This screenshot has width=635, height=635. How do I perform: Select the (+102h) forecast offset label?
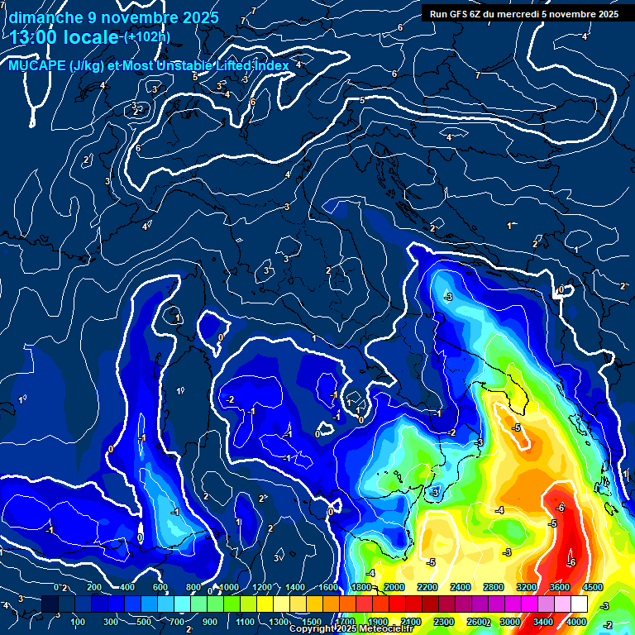click(147, 37)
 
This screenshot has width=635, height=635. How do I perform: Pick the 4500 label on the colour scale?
click(592, 587)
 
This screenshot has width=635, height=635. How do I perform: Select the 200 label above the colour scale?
click(94, 587)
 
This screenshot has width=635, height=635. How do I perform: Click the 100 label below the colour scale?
click(79, 622)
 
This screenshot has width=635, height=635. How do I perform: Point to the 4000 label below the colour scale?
click(576, 622)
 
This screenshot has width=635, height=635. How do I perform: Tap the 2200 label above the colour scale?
click(427, 587)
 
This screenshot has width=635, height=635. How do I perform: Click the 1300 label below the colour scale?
click(278, 622)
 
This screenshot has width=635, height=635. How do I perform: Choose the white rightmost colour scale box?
click(578, 604)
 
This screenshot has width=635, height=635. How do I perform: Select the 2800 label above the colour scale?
click(493, 587)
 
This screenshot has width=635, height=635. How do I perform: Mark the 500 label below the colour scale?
click(145, 622)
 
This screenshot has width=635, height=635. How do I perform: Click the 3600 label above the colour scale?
click(559, 587)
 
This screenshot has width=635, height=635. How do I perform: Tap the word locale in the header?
click(90, 37)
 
